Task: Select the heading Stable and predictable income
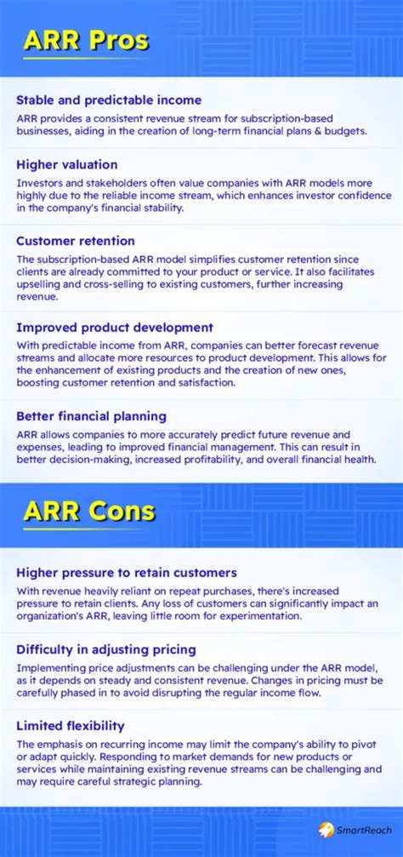coord(109,100)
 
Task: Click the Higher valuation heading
coord(67,164)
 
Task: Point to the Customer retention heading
coord(76,241)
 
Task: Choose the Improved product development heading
coord(115,328)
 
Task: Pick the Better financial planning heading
coord(91,416)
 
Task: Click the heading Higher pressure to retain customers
coord(126,573)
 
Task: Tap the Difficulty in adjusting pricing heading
coord(106,649)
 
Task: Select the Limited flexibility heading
coord(71,726)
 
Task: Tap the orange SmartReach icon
coord(326,830)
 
